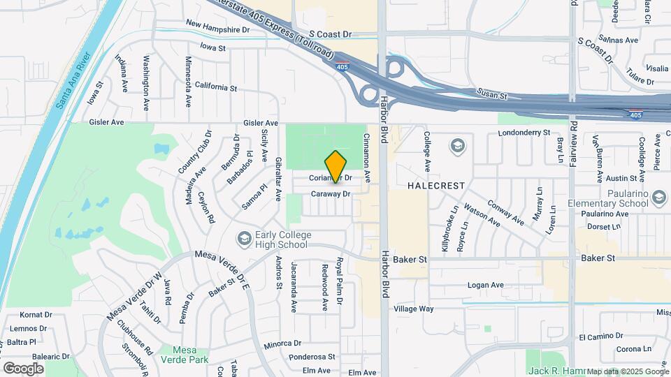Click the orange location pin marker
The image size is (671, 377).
tap(335, 167)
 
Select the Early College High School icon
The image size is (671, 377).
tap(244, 239)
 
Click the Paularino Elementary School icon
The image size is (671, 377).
tap(658, 198)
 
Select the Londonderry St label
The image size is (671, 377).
tap(526, 131)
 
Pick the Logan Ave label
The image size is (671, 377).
tap(485, 285)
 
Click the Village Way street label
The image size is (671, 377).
tap(414, 309)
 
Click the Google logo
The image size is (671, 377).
tap(23, 368)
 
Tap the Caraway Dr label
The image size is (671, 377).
tap(330, 193)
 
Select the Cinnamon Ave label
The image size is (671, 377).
tap(366, 154)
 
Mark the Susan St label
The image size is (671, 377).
tap(491, 92)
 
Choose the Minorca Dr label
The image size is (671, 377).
tap(282, 343)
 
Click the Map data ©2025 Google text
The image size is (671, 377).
tap(628, 371)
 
